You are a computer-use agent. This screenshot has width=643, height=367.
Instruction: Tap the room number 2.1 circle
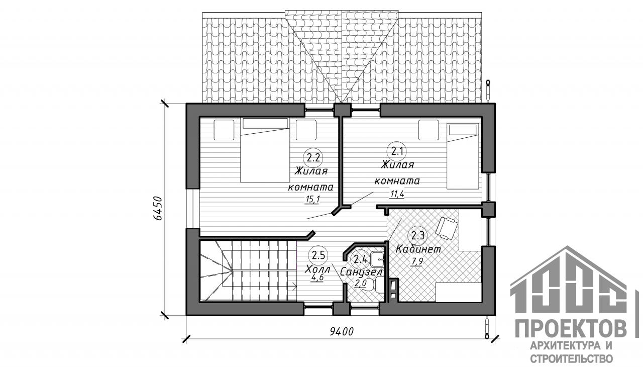pos(397,151)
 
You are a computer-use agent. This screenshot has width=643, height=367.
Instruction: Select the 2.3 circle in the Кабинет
pos(417,236)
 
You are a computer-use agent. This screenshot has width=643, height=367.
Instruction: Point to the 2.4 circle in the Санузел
pos(361,259)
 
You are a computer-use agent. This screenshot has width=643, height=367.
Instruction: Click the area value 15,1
pos(312,200)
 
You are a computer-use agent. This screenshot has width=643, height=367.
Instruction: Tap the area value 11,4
pos(397,195)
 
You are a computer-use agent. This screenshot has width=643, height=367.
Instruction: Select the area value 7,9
pos(416,261)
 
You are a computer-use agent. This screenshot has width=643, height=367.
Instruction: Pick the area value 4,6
pos(316,278)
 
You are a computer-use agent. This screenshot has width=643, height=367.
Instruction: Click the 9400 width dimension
pos(342,332)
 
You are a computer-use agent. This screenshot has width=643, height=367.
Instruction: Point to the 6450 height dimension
pos(158,209)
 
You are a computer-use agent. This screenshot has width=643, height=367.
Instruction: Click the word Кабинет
pos(418,249)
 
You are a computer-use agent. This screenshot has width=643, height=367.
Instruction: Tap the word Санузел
pos(361,271)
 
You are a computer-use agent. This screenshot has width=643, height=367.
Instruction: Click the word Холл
pos(317,269)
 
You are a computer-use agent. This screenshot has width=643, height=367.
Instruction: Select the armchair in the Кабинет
pos(447,227)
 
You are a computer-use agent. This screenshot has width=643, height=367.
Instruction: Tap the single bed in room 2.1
pos(463,156)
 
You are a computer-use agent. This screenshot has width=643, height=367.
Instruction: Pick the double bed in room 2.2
pos(265,150)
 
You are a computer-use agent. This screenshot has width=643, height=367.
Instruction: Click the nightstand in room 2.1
pos(428,130)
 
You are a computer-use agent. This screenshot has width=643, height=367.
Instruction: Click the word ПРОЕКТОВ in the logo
pos(571,328)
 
